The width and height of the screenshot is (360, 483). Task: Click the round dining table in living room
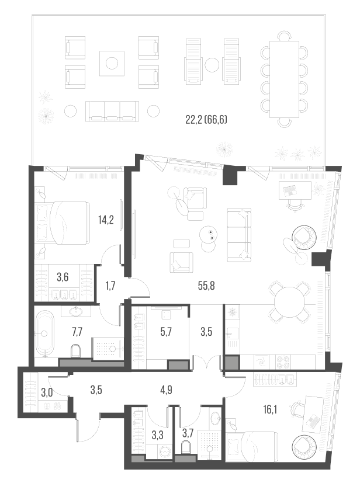point(289,305)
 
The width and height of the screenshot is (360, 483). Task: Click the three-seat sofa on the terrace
point(112,110)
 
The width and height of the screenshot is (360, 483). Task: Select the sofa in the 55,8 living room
point(240,233)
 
